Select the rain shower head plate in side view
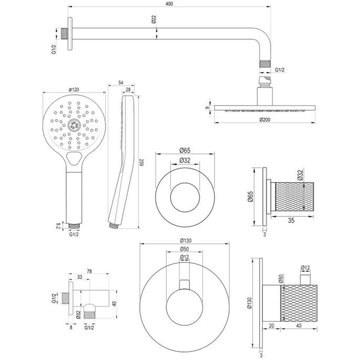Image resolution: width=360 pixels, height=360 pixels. click(265, 109)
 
